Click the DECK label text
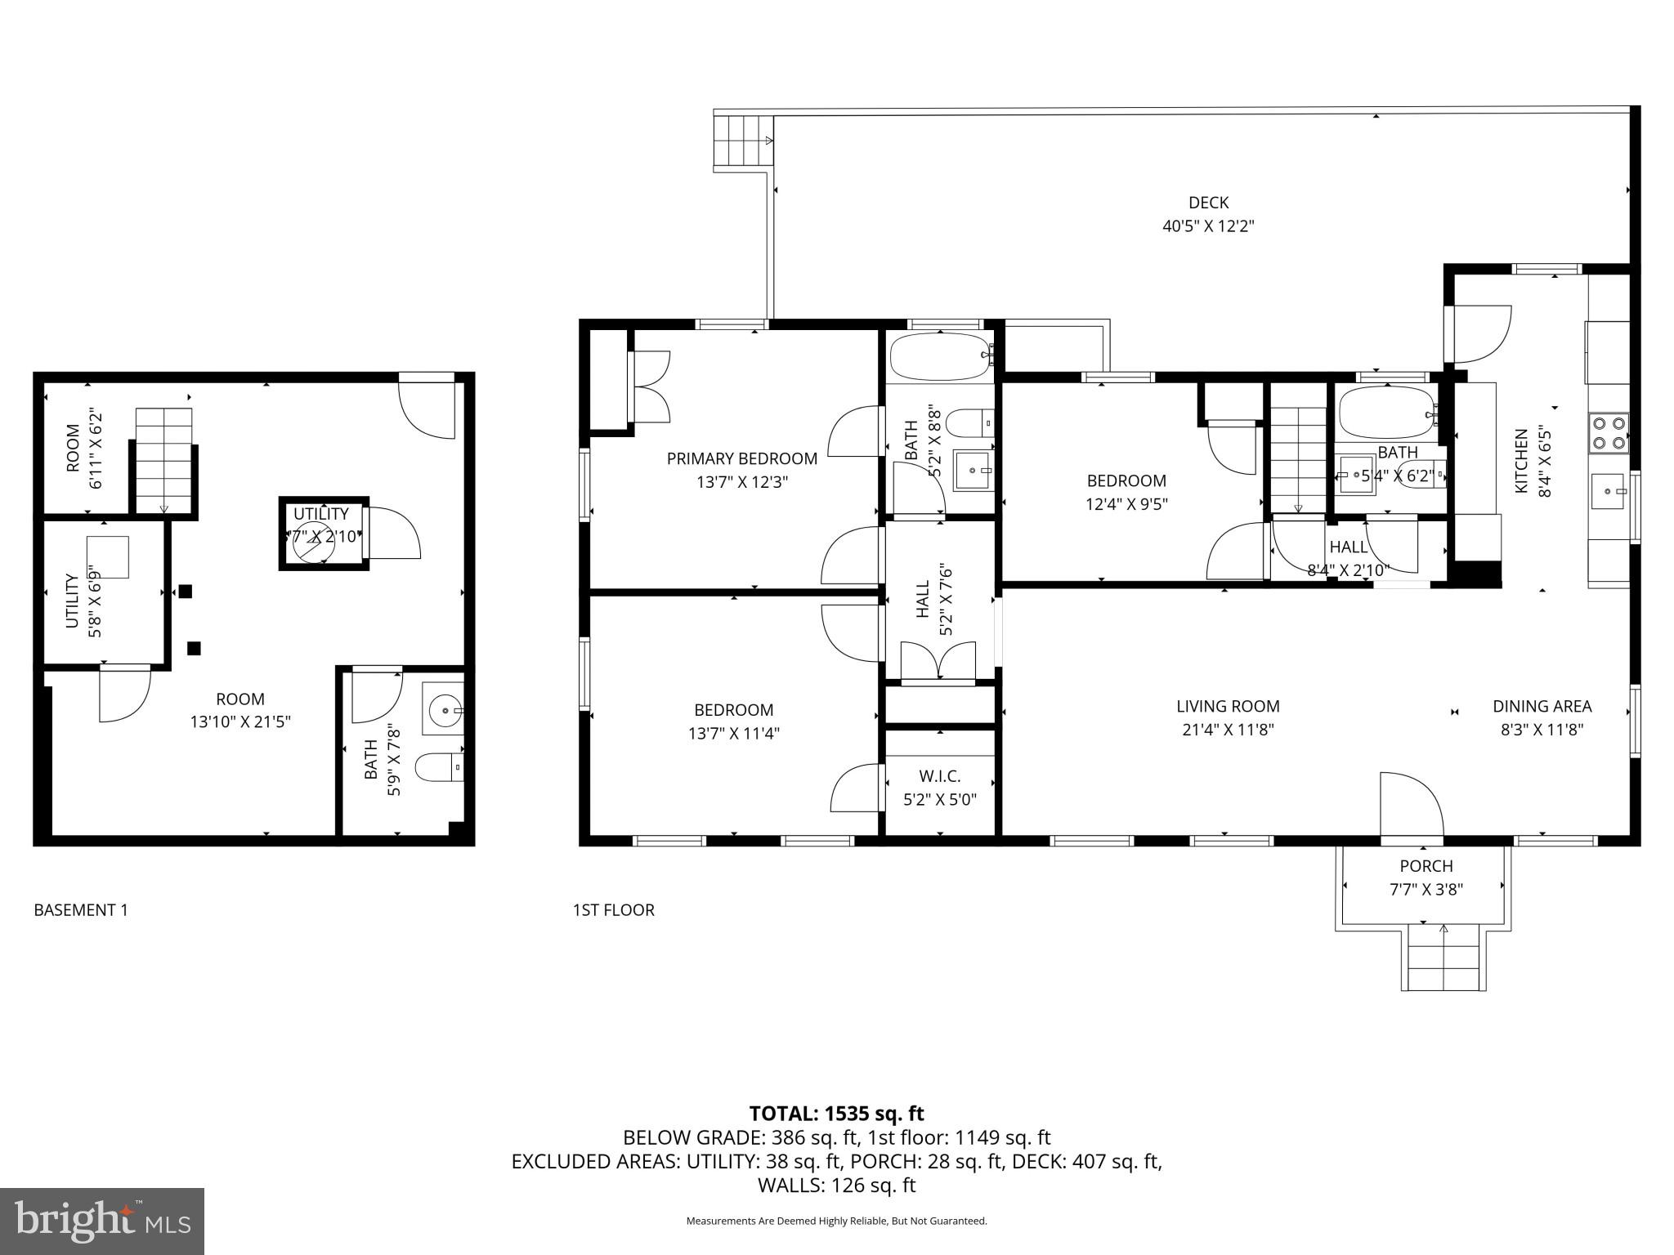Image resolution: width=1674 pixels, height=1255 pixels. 1207,203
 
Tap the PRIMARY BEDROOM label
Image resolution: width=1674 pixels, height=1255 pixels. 741,458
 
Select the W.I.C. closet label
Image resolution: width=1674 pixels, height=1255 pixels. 939,776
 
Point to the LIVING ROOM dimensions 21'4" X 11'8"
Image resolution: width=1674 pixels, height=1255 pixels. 1228,730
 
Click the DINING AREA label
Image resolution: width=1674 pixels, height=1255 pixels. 1542,706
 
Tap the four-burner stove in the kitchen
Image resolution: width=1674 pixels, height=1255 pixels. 1608,433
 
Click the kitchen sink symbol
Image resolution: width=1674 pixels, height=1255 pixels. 1608,491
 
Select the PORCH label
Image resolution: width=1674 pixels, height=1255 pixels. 1426,866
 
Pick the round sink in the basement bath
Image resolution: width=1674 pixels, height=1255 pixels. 444,710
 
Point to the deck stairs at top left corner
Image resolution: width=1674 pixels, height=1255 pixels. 742,141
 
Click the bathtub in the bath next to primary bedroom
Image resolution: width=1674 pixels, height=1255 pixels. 939,356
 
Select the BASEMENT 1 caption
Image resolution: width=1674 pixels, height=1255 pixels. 81,910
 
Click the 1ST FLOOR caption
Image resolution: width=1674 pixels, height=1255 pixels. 613,910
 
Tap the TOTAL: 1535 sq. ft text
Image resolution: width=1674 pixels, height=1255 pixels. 836,1114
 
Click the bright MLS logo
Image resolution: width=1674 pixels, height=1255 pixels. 101,1222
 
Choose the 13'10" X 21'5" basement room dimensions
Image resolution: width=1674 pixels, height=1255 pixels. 240,722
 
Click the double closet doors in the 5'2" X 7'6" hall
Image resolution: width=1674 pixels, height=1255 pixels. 938,660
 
